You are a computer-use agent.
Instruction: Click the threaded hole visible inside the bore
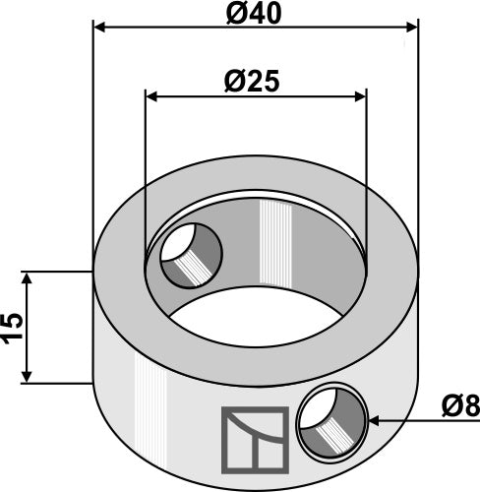click(191, 255)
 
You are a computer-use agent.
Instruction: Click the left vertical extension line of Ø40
click(92, 148)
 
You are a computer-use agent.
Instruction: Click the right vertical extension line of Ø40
click(417, 148)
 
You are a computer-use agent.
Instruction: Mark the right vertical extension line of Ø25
click(366, 177)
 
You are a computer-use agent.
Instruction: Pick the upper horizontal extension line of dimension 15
click(54, 272)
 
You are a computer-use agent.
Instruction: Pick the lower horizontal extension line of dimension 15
click(54, 384)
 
